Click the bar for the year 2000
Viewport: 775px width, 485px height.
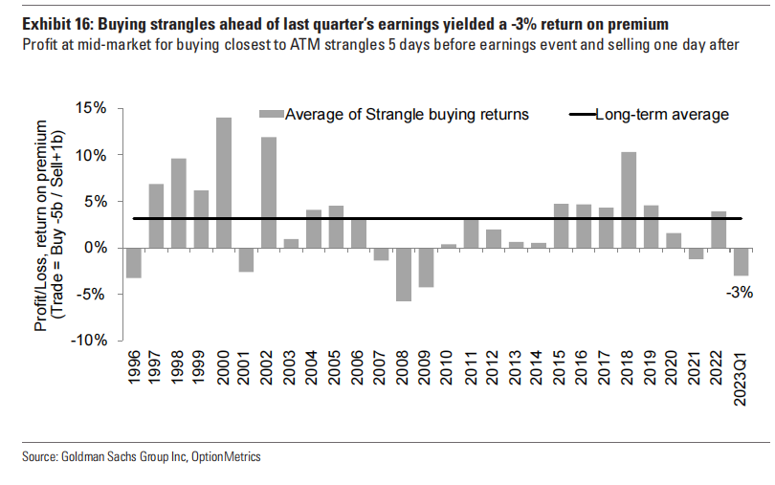coord(223,182)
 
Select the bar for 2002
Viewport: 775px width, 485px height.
coord(269,191)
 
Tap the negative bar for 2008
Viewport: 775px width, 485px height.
coord(404,275)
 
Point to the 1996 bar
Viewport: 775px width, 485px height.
coord(133,262)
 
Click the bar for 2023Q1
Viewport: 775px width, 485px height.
coord(741,261)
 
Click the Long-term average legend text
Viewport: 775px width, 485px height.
coord(662,115)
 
